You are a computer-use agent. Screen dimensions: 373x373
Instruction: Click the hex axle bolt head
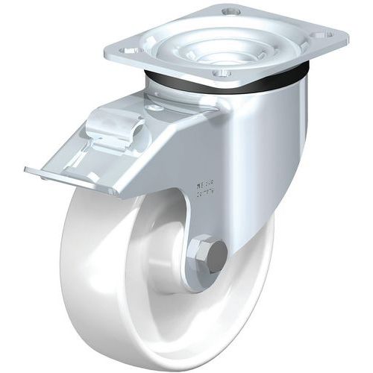pos(210,255)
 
